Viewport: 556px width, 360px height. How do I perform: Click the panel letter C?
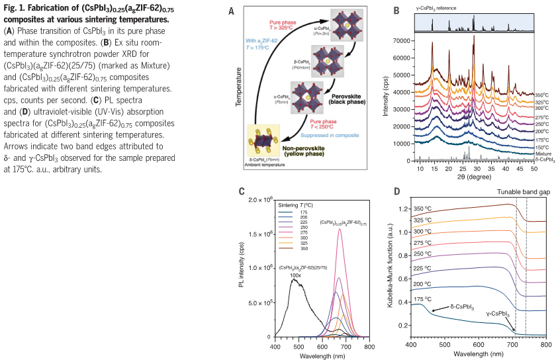(x=242, y=192)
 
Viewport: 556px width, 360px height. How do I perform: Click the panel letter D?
(x=395, y=192)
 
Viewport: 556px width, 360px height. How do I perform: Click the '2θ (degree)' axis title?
(x=473, y=177)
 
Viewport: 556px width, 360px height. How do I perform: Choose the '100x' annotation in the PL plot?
(x=296, y=275)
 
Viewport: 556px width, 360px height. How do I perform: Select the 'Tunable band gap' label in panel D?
(x=520, y=192)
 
